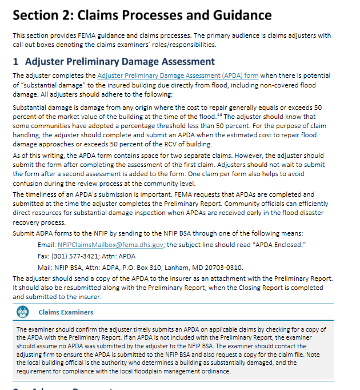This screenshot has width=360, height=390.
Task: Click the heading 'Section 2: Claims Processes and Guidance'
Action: (x=142, y=15)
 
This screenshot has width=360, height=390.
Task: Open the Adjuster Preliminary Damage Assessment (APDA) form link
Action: (x=177, y=75)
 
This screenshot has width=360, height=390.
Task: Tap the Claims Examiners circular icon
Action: (x=23, y=312)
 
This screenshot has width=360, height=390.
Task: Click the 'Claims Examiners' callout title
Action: (x=66, y=312)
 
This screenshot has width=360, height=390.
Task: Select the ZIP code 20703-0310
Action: (x=223, y=267)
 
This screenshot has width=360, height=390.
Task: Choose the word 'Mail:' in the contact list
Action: (x=45, y=267)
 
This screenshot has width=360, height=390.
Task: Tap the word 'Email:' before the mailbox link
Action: (x=46, y=245)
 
